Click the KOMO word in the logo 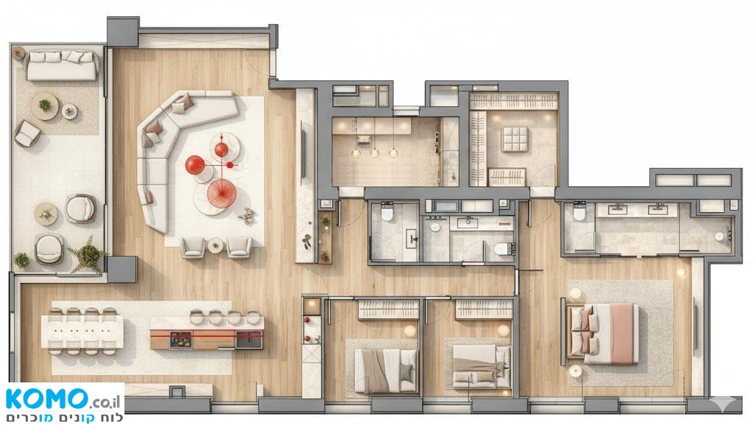click(x=47, y=399)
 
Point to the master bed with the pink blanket click(x=604, y=333)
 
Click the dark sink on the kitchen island click(x=249, y=340)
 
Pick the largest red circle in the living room click(x=222, y=193)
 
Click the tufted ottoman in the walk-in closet click(x=515, y=139)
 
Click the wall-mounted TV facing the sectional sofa click(x=303, y=153)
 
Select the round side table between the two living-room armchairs click(x=216, y=245)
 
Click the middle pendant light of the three click(x=375, y=153)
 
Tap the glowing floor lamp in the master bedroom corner click(x=680, y=273)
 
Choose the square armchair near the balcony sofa click(x=27, y=133)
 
